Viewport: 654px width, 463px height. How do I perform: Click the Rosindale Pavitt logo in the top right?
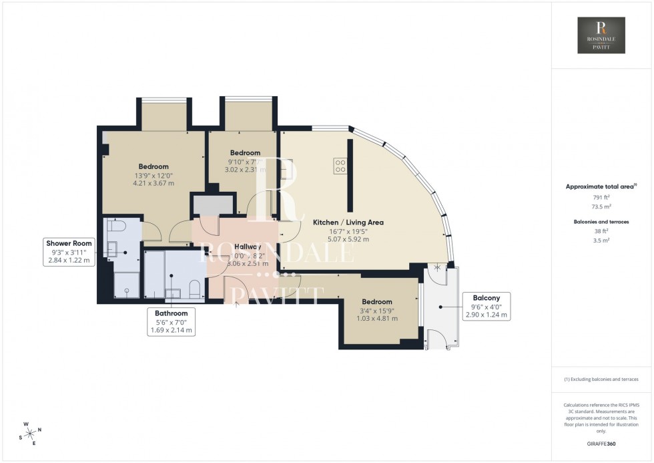tap(601, 35)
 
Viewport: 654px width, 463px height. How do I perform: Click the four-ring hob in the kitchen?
tap(339, 165)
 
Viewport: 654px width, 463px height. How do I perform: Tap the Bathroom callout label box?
tap(172, 321)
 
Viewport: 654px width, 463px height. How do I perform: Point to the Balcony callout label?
tap(486, 306)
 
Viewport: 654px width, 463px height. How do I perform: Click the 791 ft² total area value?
tap(602, 197)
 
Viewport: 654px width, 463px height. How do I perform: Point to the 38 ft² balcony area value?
tap(602, 230)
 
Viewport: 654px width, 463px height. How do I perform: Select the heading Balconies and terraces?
tap(602, 221)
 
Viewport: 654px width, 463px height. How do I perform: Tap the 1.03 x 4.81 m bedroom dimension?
tap(378, 319)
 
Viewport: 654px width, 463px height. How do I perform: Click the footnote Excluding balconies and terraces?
tap(601, 379)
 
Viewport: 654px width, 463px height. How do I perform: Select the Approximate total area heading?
tap(601, 187)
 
